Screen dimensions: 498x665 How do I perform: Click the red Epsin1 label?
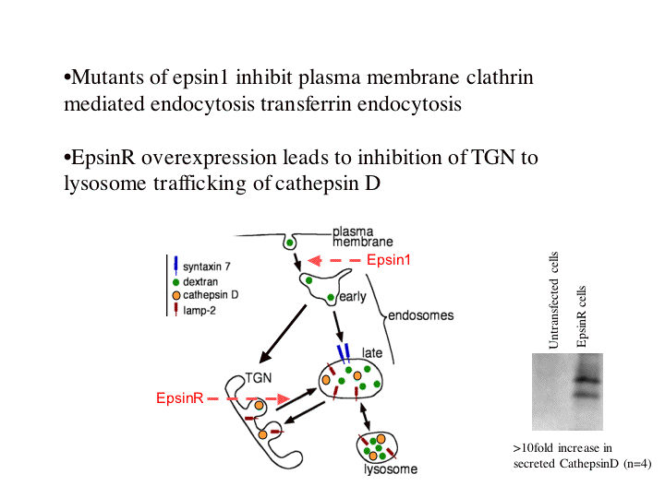(x=388, y=260)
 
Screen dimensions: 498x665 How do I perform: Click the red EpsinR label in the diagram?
(x=179, y=398)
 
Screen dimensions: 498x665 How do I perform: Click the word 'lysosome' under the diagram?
(x=390, y=469)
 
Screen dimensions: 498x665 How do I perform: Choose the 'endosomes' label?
(x=420, y=314)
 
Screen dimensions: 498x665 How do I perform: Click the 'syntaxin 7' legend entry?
(x=206, y=266)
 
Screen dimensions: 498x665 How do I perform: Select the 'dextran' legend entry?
(x=202, y=280)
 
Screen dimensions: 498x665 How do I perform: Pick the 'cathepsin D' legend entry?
(x=212, y=295)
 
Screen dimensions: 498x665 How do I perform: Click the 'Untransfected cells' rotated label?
(x=554, y=299)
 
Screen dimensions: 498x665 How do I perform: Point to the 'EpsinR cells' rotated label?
(x=582, y=316)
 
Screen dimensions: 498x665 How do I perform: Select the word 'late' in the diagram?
(x=372, y=353)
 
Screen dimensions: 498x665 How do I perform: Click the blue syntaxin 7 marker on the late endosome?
(x=344, y=352)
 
